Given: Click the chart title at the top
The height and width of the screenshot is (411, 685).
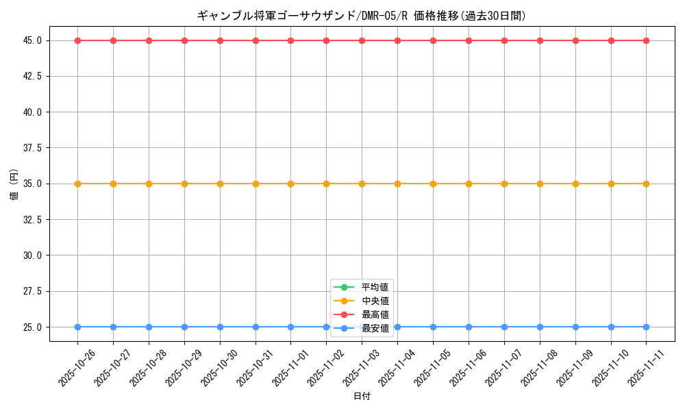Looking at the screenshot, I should pyautogui.click(x=362, y=15).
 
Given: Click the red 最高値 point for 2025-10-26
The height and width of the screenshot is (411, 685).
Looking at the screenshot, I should pyautogui.click(x=77, y=40).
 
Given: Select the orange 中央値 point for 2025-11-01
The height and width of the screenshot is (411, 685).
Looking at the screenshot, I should pyautogui.click(x=290, y=184).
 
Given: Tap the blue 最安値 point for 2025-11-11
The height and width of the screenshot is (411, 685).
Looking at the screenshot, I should pyautogui.click(x=646, y=327).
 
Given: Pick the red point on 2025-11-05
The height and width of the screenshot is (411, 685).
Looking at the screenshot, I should pyautogui.click(x=433, y=40).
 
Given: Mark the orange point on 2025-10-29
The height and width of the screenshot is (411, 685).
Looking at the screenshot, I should pyautogui.click(x=184, y=184).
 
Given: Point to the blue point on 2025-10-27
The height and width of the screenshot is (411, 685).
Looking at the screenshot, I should pyautogui.click(x=113, y=327).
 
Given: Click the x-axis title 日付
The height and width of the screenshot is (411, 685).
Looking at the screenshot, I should pyautogui.click(x=362, y=397).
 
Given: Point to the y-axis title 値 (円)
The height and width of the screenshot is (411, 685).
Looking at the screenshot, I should pyautogui.click(x=14, y=184).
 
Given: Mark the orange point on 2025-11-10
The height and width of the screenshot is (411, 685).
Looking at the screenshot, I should pyautogui.click(x=611, y=184).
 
